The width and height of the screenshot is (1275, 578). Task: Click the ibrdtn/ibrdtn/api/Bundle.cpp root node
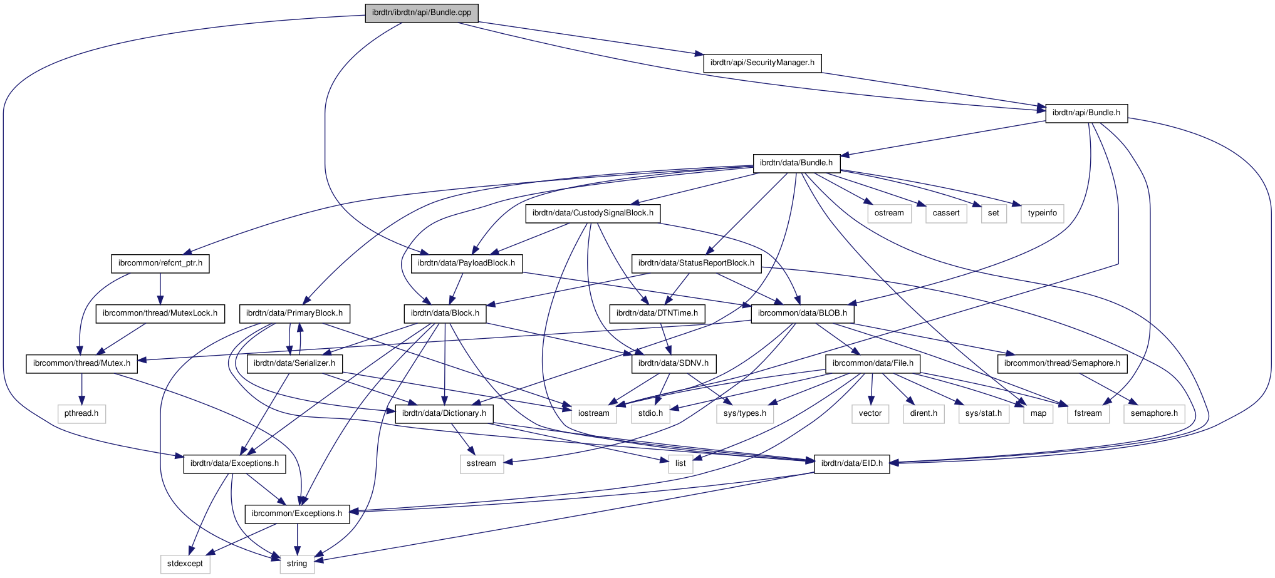[x=422, y=13]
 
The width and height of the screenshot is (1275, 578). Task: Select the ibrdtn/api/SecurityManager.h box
[x=762, y=63]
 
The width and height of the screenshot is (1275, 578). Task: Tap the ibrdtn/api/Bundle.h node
[x=1086, y=113]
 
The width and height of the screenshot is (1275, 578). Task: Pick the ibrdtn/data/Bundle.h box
[x=796, y=163]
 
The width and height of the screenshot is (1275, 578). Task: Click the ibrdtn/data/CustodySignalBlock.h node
[x=593, y=214]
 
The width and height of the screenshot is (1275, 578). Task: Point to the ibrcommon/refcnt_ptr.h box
[x=160, y=264]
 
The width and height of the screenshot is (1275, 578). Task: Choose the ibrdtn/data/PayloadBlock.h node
[x=466, y=264]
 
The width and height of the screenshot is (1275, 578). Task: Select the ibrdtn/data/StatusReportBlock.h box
[x=696, y=264]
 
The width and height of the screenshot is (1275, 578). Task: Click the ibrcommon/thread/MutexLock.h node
[x=160, y=314]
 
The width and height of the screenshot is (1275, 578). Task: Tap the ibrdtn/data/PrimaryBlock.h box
[x=294, y=314]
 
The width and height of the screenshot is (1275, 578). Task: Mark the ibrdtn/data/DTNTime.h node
[x=657, y=314]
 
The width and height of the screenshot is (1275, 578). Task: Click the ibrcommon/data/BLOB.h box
[x=802, y=314]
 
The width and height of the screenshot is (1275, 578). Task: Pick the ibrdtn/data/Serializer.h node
[x=294, y=364]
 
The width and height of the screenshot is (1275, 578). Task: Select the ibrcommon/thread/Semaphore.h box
[x=1062, y=364]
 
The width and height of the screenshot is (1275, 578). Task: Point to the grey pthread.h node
[x=81, y=414]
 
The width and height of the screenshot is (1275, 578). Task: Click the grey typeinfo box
[x=1042, y=214]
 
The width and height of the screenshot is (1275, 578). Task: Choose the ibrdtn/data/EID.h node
[x=851, y=464]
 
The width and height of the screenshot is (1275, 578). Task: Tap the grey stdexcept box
[x=185, y=564]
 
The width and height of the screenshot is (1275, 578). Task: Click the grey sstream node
[x=481, y=464]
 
